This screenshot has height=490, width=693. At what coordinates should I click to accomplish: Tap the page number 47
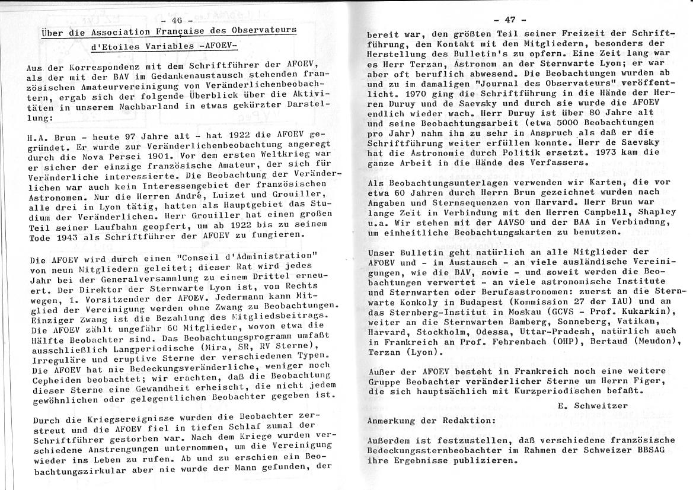tap(513, 22)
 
